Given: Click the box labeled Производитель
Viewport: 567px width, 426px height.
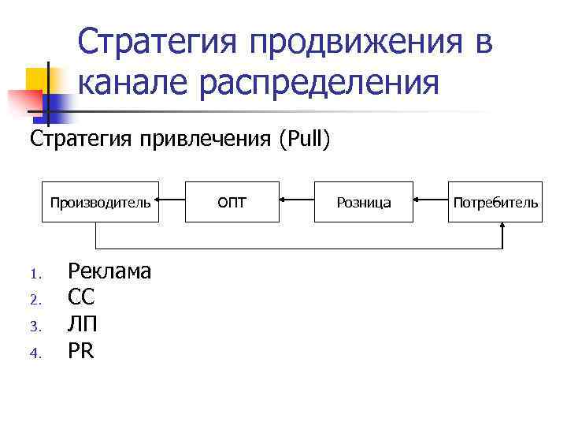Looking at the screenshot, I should tap(100, 202).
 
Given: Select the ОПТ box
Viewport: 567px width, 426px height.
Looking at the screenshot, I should tap(232, 202).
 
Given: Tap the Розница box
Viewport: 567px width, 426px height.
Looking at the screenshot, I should tap(364, 202).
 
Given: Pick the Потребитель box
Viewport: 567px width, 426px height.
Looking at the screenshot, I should tap(495, 202).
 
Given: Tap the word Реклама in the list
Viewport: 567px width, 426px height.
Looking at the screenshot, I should tap(109, 271).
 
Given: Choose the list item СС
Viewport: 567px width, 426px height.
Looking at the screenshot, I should tap(81, 298).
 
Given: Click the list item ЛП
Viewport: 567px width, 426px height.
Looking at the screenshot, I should tap(83, 325).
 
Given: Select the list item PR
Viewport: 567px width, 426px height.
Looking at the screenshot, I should tap(81, 351).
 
